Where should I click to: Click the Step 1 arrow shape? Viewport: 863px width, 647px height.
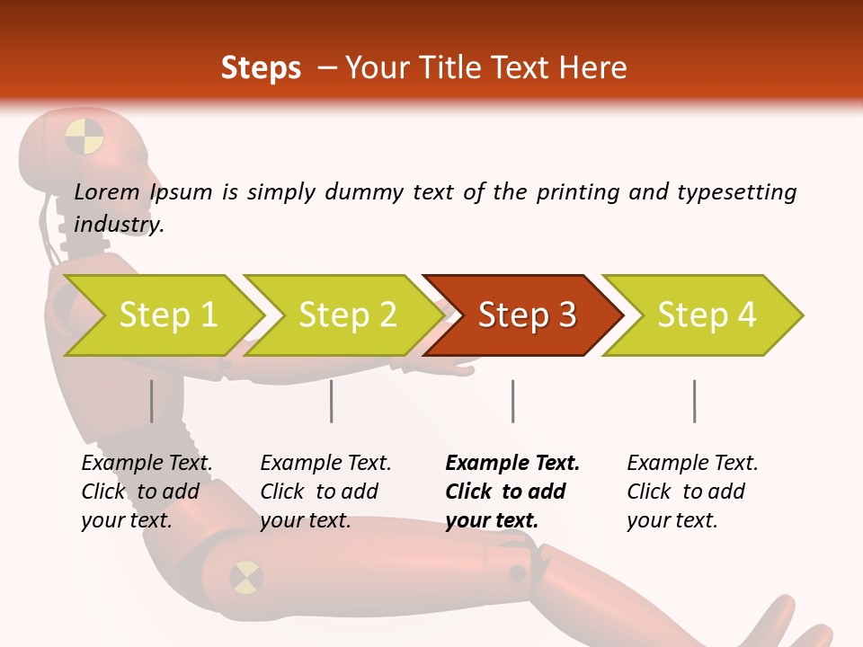tap(162, 315)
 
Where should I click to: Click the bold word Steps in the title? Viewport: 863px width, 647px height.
tap(261, 68)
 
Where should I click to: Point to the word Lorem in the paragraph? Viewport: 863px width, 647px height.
tap(107, 191)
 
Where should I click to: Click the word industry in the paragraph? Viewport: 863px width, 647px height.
tap(118, 225)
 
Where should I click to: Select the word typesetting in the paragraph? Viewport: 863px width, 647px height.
tap(736, 192)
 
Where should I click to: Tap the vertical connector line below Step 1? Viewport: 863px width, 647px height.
tap(152, 401)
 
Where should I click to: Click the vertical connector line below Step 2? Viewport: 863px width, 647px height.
tap(332, 401)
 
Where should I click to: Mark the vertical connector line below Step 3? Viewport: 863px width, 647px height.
tap(512, 401)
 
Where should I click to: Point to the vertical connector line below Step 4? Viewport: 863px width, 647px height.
tap(694, 401)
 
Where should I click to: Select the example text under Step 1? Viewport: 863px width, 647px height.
tap(147, 492)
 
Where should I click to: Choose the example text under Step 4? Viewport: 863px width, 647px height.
tap(692, 492)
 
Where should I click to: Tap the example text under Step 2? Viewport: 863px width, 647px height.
tap(325, 492)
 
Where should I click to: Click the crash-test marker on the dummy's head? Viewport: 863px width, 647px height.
tap(85, 137)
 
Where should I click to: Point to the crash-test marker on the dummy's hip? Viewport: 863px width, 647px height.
tap(246, 577)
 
